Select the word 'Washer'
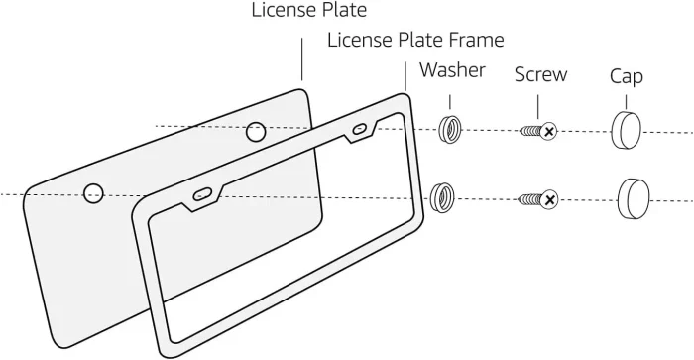click(452, 70)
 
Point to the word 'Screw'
click(540, 74)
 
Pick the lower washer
click(441, 198)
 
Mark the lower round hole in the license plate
click(93, 192)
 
